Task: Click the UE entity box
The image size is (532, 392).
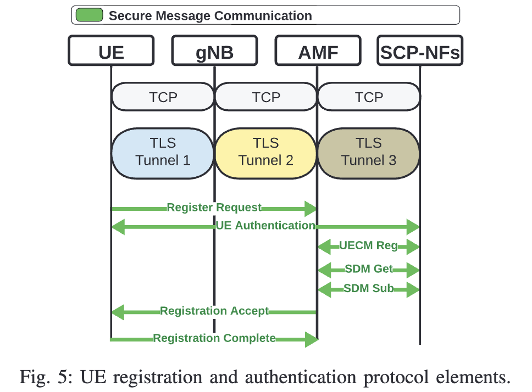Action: pos(111,51)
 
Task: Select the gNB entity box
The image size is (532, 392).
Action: pos(214,51)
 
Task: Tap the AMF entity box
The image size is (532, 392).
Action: pos(318,51)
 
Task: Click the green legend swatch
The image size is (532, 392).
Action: pos(89,15)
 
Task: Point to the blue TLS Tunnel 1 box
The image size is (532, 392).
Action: pos(163,152)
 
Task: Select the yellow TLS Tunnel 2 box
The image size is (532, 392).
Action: pos(266,152)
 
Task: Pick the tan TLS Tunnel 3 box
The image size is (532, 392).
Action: pos(369,152)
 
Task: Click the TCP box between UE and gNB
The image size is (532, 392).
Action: pos(163,97)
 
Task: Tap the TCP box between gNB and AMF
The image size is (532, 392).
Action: pos(266,97)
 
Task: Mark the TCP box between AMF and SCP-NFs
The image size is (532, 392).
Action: pos(369,97)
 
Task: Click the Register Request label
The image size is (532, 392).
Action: pos(214,208)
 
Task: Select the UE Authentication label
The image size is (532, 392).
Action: pos(265,225)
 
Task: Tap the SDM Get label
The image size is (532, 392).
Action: pos(368,269)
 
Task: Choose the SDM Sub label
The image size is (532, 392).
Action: pos(368,288)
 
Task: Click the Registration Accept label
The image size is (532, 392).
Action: pos(214,311)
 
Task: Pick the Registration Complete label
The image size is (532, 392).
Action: pos(214,338)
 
